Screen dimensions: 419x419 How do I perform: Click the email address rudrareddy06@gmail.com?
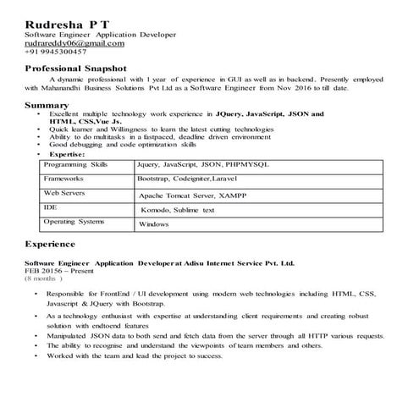(x=74, y=42)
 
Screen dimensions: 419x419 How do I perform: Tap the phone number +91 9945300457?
(x=56, y=51)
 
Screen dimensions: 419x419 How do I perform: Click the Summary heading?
(x=47, y=105)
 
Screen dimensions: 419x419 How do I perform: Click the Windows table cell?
(x=154, y=224)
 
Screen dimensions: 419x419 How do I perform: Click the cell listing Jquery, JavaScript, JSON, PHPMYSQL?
(x=201, y=165)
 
